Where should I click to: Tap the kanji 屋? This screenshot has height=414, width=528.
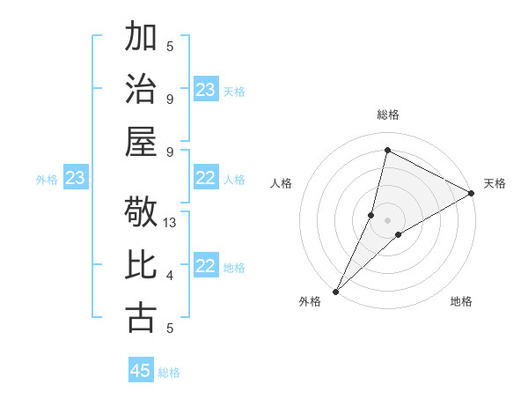(x=141, y=141)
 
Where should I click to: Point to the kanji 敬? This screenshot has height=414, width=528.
(x=141, y=212)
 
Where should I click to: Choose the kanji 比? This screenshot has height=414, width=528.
(x=141, y=265)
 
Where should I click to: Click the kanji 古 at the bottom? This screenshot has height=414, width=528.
(x=141, y=317)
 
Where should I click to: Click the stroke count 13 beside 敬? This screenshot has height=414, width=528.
(x=171, y=224)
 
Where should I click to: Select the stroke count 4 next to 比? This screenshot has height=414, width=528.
(x=170, y=277)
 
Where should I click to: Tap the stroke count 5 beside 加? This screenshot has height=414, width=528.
(x=170, y=47)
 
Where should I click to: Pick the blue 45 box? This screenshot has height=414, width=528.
(x=141, y=371)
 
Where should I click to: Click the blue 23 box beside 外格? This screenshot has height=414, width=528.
(x=75, y=179)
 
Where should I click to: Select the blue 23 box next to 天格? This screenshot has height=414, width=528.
(x=206, y=90)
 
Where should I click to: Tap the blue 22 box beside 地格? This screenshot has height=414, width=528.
(x=206, y=267)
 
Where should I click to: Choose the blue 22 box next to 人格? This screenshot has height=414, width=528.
(x=206, y=179)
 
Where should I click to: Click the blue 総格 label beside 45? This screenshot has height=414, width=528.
(x=169, y=373)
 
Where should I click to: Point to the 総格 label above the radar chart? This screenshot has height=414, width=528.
(x=387, y=115)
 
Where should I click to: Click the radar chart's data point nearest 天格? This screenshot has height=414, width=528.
(x=471, y=194)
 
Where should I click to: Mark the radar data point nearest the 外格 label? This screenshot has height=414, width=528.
(x=335, y=291)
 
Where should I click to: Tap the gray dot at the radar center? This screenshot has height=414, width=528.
(x=387, y=219)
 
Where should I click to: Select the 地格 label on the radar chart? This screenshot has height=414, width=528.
(x=461, y=302)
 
